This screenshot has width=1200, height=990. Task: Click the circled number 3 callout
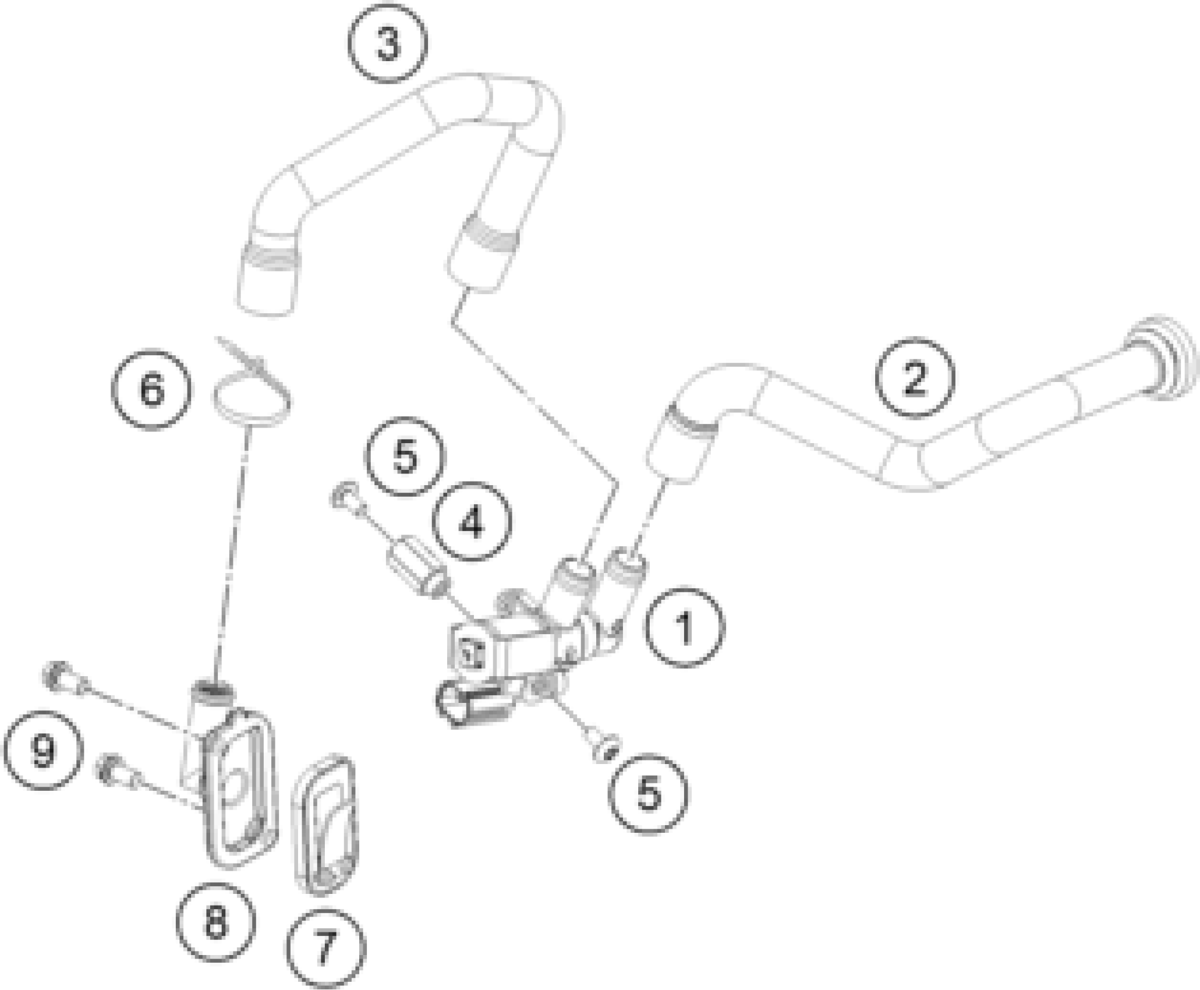coord(388,45)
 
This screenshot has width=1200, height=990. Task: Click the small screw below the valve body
coord(605,749)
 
